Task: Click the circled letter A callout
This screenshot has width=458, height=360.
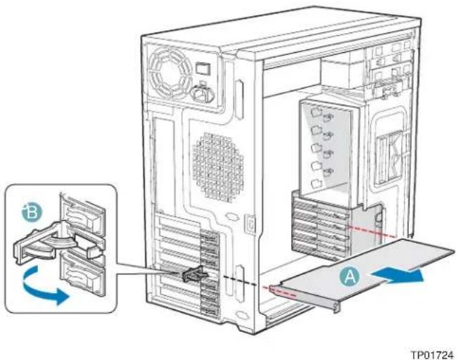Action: click(x=350, y=276)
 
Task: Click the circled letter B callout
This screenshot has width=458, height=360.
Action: click(x=32, y=212)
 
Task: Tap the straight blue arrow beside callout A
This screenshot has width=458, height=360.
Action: click(x=397, y=276)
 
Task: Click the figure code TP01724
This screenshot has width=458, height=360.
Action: click(x=433, y=355)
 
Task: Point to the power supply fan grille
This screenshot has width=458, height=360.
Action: click(x=170, y=72)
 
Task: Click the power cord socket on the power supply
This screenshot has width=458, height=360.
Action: click(x=202, y=94)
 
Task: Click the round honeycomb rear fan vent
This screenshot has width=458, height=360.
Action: click(x=218, y=167)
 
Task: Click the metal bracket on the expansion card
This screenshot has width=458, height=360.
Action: click(x=304, y=298)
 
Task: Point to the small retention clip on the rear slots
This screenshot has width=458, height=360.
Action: click(x=194, y=275)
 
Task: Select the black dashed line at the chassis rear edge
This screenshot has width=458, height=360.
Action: click(x=239, y=280)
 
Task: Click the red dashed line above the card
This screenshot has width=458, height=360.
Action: click(x=370, y=230)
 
